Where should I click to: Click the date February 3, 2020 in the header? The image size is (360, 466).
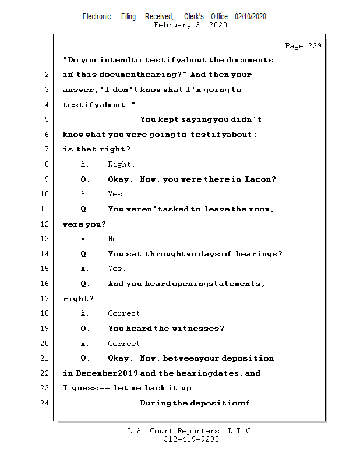coord(190,25)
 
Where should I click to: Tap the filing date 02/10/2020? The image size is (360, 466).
coord(250,17)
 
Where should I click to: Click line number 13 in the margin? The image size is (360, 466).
coord(45,239)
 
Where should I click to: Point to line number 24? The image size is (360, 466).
coord(45,403)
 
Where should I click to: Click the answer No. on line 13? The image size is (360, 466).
coord(114,239)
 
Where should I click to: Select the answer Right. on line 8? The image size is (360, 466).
coord(121,164)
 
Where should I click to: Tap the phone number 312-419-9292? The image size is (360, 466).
coord(191,439)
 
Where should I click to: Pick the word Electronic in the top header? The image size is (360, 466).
coord(97,17)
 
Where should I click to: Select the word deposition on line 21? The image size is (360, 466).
coord(248,358)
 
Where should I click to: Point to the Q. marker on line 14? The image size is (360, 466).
coord(85,254)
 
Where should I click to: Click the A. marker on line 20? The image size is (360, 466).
coord(85,344)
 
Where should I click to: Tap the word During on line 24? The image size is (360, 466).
coord(156,403)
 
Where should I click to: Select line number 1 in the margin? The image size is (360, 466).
coord(45,60)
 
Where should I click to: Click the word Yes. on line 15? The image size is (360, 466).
coord(117,269)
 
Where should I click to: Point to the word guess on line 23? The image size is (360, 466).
coord(84,389)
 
